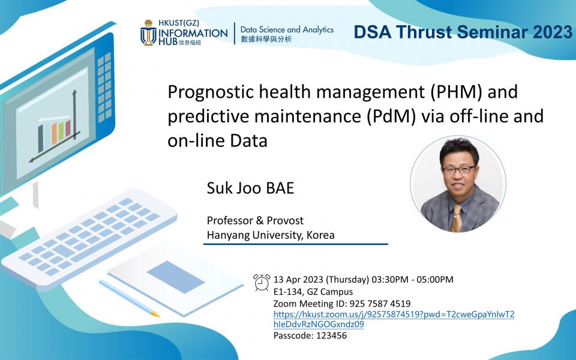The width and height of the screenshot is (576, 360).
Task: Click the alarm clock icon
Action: [x=262, y=283]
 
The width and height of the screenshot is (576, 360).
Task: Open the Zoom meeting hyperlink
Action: [x=394, y=319]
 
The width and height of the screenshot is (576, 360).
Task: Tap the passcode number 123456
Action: [x=331, y=335]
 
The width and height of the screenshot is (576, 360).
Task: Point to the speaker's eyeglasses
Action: [x=459, y=170]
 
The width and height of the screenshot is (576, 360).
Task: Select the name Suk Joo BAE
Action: [x=251, y=188]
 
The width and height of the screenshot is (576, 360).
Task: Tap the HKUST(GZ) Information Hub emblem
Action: [x=148, y=32]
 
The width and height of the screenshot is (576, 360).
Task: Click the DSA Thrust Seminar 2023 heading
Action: [x=463, y=32]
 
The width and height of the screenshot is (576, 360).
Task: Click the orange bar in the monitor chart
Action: [x=55, y=133]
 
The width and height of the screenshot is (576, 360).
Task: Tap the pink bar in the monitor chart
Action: [x=68, y=127]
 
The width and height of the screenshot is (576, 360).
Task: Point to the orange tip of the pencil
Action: [x=156, y=314]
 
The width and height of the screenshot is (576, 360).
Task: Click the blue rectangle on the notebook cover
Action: [x=176, y=277]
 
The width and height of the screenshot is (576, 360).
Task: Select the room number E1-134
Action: [x=288, y=292]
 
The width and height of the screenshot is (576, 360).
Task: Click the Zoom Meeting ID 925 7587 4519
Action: [x=380, y=304]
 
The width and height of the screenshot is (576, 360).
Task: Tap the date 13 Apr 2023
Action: [x=298, y=280]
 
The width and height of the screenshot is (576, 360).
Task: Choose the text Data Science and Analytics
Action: [x=287, y=29]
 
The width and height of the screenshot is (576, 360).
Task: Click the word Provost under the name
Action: [x=285, y=220]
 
